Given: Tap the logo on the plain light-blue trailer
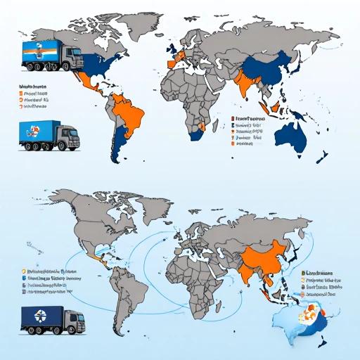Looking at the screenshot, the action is [32, 130].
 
